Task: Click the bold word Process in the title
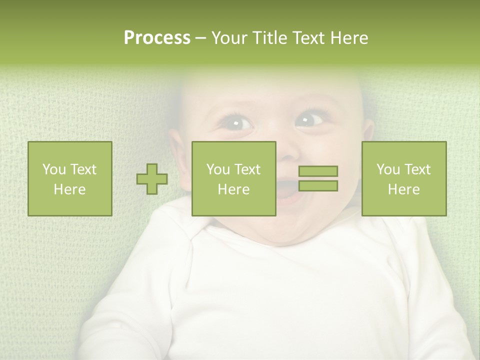[x=157, y=38]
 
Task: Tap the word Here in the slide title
[x=348, y=38]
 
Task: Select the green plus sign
[x=152, y=178]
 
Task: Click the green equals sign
[x=318, y=178]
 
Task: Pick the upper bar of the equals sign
[x=318, y=171]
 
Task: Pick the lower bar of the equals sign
[x=318, y=185]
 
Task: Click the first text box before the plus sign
[x=70, y=178]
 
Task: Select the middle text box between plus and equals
[x=233, y=178]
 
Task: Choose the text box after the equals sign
[x=403, y=178]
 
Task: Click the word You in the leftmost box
[x=53, y=169]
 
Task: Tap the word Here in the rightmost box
[x=403, y=189]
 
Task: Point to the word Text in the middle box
[x=247, y=169]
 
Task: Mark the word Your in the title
[x=229, y=38]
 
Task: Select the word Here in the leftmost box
[x=70, y=189]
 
